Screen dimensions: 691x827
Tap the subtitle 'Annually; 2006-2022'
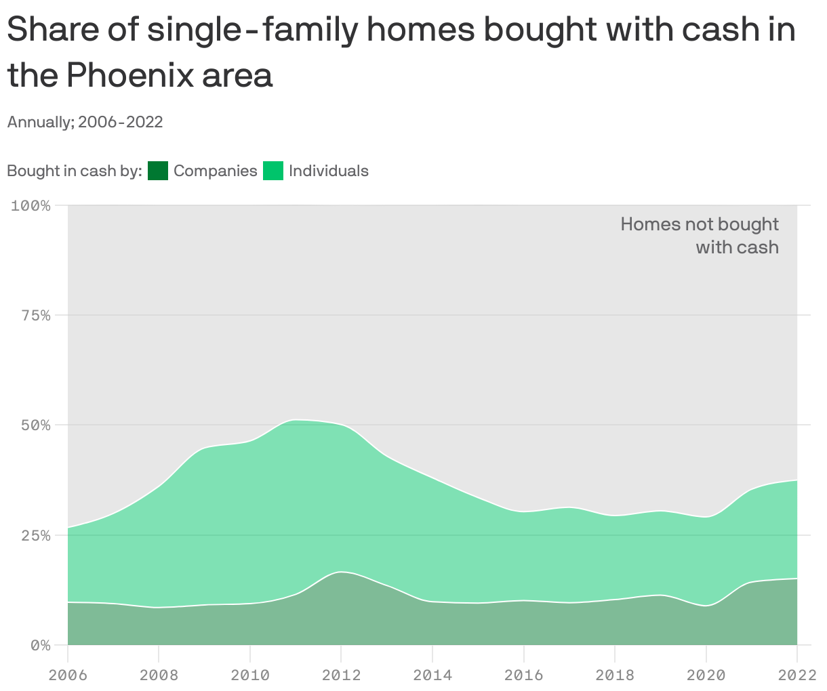click(x=85, y=122)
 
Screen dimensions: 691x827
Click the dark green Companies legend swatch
click(x=157, y=171)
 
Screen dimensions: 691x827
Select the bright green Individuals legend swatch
click(x=273, y=171)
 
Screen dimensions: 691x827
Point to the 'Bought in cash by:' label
click(x=74, y=171)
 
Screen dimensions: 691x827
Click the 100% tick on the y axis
click(x=31, y=205)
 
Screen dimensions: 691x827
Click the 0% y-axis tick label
click(x=39, y=645)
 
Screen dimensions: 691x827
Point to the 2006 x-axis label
click(x=68, y=675)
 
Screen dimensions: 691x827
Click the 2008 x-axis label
click(x=159, y=675)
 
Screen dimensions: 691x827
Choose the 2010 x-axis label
click(x=250, y=675)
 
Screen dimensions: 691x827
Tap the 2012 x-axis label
click(x=341, y=675)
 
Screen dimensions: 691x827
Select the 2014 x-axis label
click(x=432, y=675)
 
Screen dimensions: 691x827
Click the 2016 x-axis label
click(x=523, y=675)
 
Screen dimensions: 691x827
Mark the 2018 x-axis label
click(x=615, y=675)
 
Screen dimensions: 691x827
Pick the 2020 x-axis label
click(x=706, y=675)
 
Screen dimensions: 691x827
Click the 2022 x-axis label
click(x=796, y=675)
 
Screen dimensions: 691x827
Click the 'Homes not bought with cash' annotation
click(x=700, y=235)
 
